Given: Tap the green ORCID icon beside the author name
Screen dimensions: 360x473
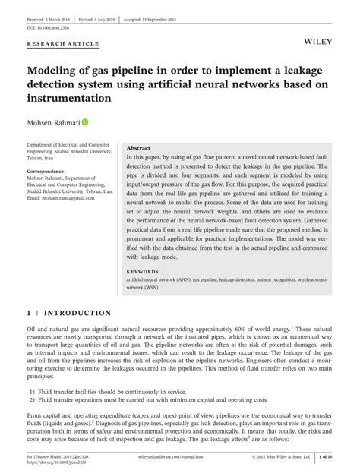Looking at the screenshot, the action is [85, 121].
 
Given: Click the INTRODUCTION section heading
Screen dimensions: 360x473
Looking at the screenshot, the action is [77, 313].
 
